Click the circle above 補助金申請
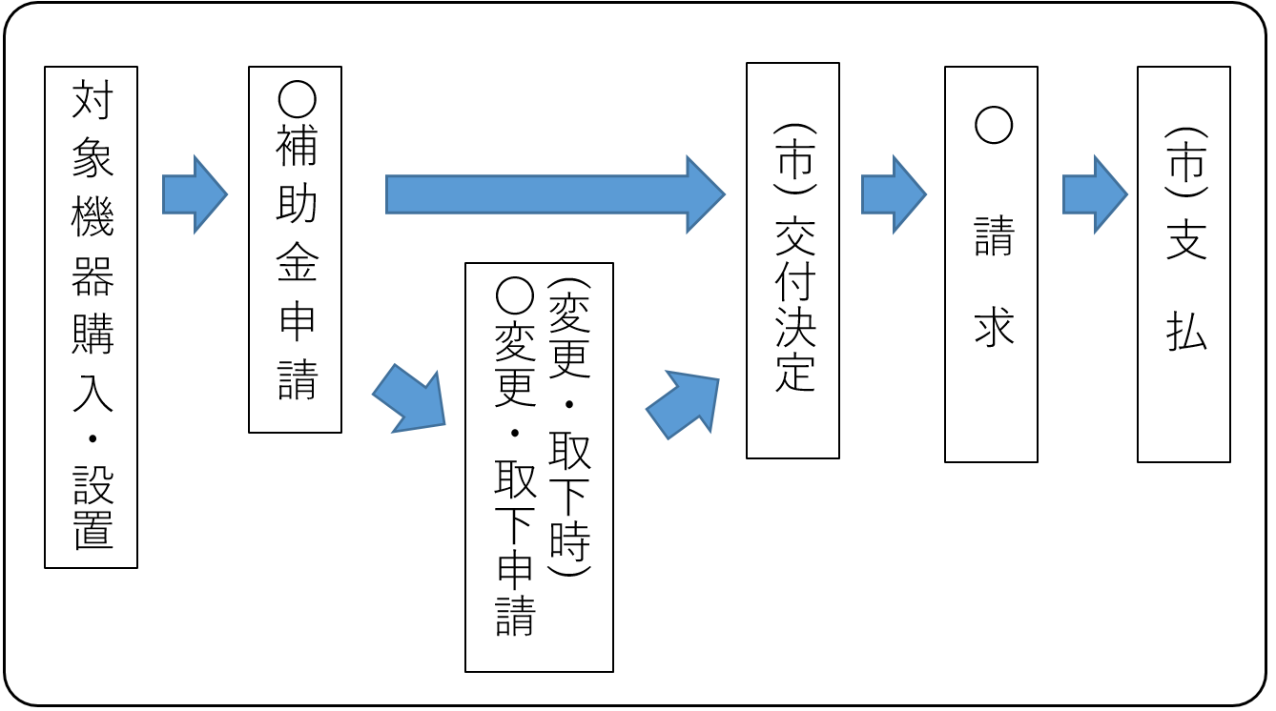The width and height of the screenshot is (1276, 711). [x=296, y=99]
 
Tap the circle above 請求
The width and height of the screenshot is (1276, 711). [x=993, y=124]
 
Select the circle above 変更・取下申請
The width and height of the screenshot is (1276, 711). [x=515, y=296]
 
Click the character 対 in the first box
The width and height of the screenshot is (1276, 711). [x=93, y=101]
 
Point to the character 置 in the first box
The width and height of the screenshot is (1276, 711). [x=93, y=531]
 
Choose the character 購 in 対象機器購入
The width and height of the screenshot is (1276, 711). [x=93, y=335]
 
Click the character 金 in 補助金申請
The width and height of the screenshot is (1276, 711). [x=296, y=262]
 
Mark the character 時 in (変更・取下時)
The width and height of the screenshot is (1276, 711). [x=569, y=539]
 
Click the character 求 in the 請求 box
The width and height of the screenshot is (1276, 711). [x=993, y=327]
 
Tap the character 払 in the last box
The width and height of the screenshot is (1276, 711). [x=1185, y=332]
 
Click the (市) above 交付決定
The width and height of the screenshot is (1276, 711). [x=794, y=158]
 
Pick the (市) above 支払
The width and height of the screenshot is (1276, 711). [x=1185, y=162]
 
